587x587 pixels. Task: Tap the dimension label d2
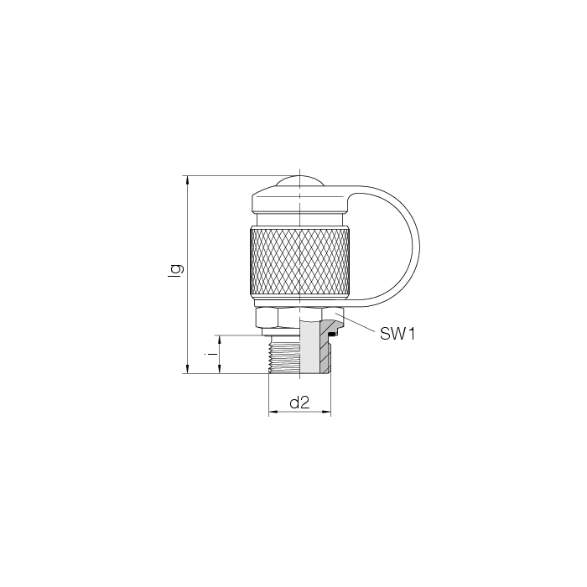(x=300, y=403)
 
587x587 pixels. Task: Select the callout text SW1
(x=397, y=334)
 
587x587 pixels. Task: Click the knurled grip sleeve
(x=300, y=262)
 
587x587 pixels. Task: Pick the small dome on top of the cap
(x=300, y=181)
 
